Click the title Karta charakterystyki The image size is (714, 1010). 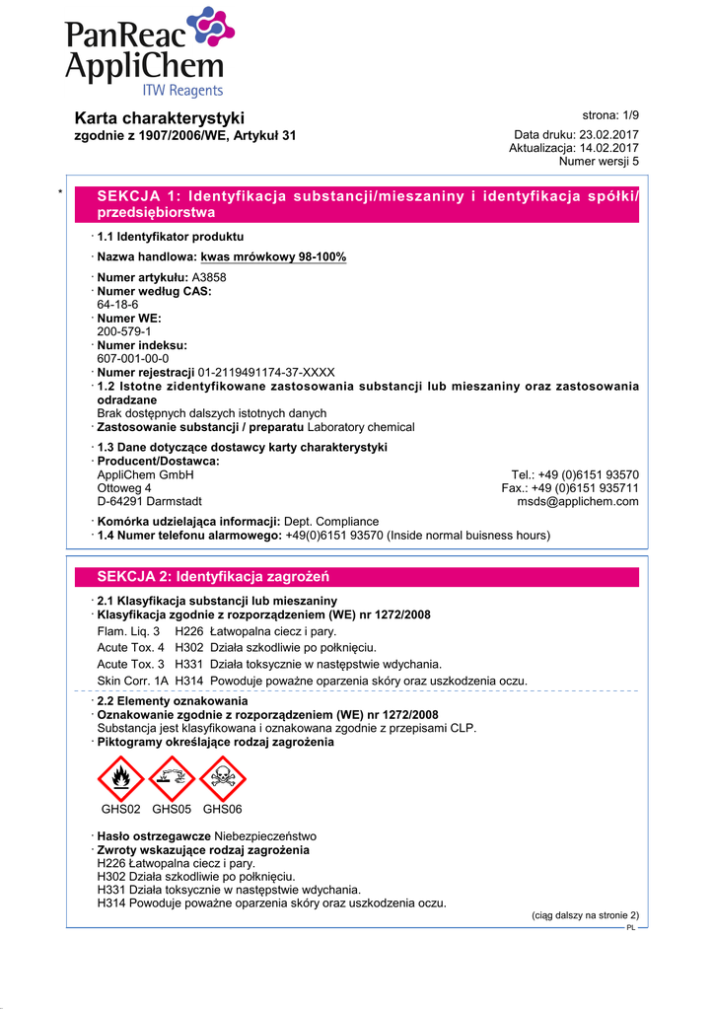tap(160, 118)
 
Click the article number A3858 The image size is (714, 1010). tap(209, 278)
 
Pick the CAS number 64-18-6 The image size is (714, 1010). tap(118, 305)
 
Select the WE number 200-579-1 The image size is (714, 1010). tap(123, 332)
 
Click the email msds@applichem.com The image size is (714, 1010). tap(578, 501)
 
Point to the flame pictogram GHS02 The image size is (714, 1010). tap(121, 778)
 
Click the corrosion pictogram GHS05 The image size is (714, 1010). tap(172, 778)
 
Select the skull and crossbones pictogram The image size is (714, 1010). tap(222, 778)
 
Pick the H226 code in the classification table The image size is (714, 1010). tap(188, 629)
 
